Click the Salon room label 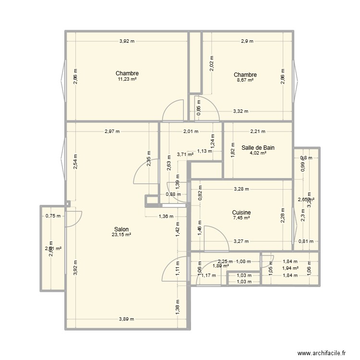121,229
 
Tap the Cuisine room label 241,213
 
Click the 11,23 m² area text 127,80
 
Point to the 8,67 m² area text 245,81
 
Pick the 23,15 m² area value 121,235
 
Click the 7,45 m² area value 241,218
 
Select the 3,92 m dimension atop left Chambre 127,41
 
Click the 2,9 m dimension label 248,41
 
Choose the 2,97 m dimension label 112,131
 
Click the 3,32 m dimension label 240,111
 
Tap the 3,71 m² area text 185,155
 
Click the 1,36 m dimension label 166,216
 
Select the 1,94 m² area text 290,268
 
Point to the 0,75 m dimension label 53,216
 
